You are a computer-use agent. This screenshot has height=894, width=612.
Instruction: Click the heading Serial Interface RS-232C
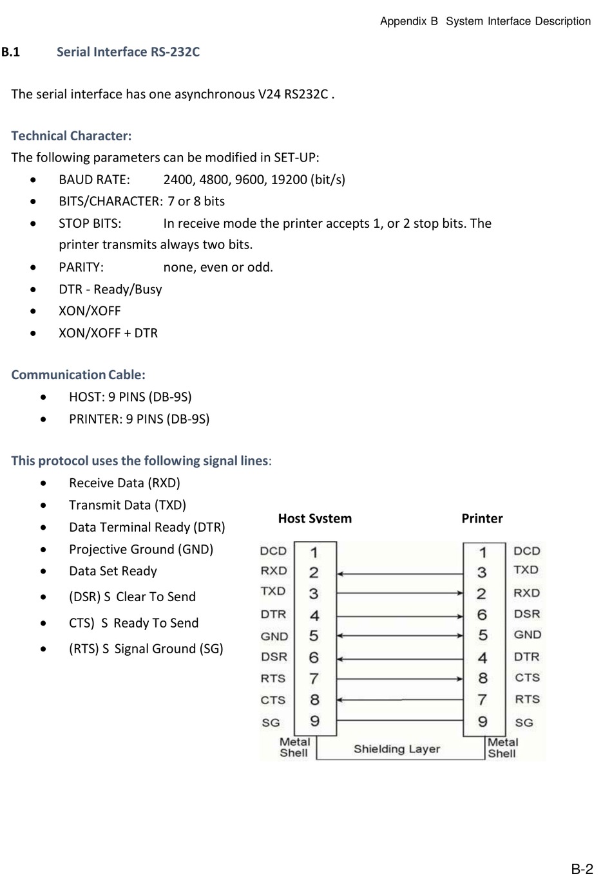coord(128,52)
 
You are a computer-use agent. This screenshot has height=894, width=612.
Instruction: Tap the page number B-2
coord(582,869)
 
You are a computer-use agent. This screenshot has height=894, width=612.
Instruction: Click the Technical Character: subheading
coord(71,136)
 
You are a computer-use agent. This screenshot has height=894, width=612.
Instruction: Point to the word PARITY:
coord(81,267)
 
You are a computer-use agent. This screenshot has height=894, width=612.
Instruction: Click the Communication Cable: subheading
coord(78,375)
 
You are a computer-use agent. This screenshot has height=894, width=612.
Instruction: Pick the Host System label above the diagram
coord(314,519)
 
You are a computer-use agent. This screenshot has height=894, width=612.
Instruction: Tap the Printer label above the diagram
coord(482,519)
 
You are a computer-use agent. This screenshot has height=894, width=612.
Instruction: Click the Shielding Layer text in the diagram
coord(397,749)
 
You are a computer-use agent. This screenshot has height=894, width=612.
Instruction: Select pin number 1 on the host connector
coord(314,553)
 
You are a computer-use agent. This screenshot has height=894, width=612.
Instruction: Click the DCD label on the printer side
coord(527,551)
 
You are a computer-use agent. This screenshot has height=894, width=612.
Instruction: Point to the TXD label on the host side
coord(273,591)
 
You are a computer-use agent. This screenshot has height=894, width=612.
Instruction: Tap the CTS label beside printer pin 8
coord(527,678)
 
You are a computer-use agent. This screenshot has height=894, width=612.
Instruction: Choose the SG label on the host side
coord(271,723)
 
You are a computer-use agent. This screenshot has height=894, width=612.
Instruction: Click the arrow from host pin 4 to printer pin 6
coord(399,616)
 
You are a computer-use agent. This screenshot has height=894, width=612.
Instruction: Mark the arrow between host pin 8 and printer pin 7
coord(399,700)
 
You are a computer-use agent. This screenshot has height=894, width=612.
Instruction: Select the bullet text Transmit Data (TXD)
coord(128,505)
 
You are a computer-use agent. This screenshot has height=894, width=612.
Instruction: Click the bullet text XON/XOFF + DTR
coord(108,333)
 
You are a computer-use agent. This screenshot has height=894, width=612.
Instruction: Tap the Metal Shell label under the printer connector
coord(502,748)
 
